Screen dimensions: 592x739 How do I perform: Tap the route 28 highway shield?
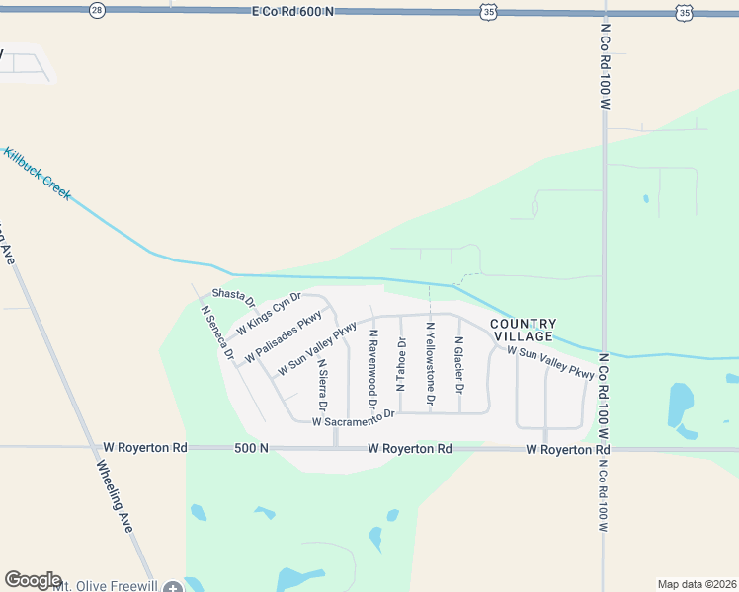pos(96,10)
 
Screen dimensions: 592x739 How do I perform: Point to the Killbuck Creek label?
pos(37,174)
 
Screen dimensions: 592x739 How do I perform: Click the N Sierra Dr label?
pos(322,385)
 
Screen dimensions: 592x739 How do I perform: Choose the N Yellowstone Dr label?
pos(430,364)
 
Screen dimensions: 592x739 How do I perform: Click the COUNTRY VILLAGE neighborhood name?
pos(524,330)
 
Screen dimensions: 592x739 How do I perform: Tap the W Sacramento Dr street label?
pos(354,419)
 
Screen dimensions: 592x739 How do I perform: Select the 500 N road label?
pos(251,448)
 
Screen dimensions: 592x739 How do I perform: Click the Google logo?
pos(33,580)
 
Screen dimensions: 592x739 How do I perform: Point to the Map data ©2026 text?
pos(697,584)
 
